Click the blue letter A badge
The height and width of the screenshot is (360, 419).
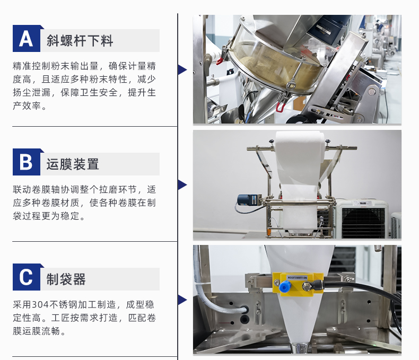[27, 39]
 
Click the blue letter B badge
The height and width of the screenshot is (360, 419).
[27, 162]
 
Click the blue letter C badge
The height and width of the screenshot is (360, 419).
[27, 277]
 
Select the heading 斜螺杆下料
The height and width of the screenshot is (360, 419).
[80, 41]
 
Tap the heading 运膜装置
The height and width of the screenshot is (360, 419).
[73, 164]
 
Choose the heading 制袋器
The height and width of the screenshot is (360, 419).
[66, 279]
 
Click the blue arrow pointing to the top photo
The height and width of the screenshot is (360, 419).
[182, 69]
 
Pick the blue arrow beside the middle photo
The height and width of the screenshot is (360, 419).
[182, 185]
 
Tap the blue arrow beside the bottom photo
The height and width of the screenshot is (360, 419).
[182, 300]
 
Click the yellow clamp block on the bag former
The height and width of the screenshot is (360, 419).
[298, 285]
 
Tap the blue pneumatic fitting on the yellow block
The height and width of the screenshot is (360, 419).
[284, 287]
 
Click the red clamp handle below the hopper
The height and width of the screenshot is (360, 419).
[281, 107]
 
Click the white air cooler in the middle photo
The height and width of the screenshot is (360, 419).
[362, 218]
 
